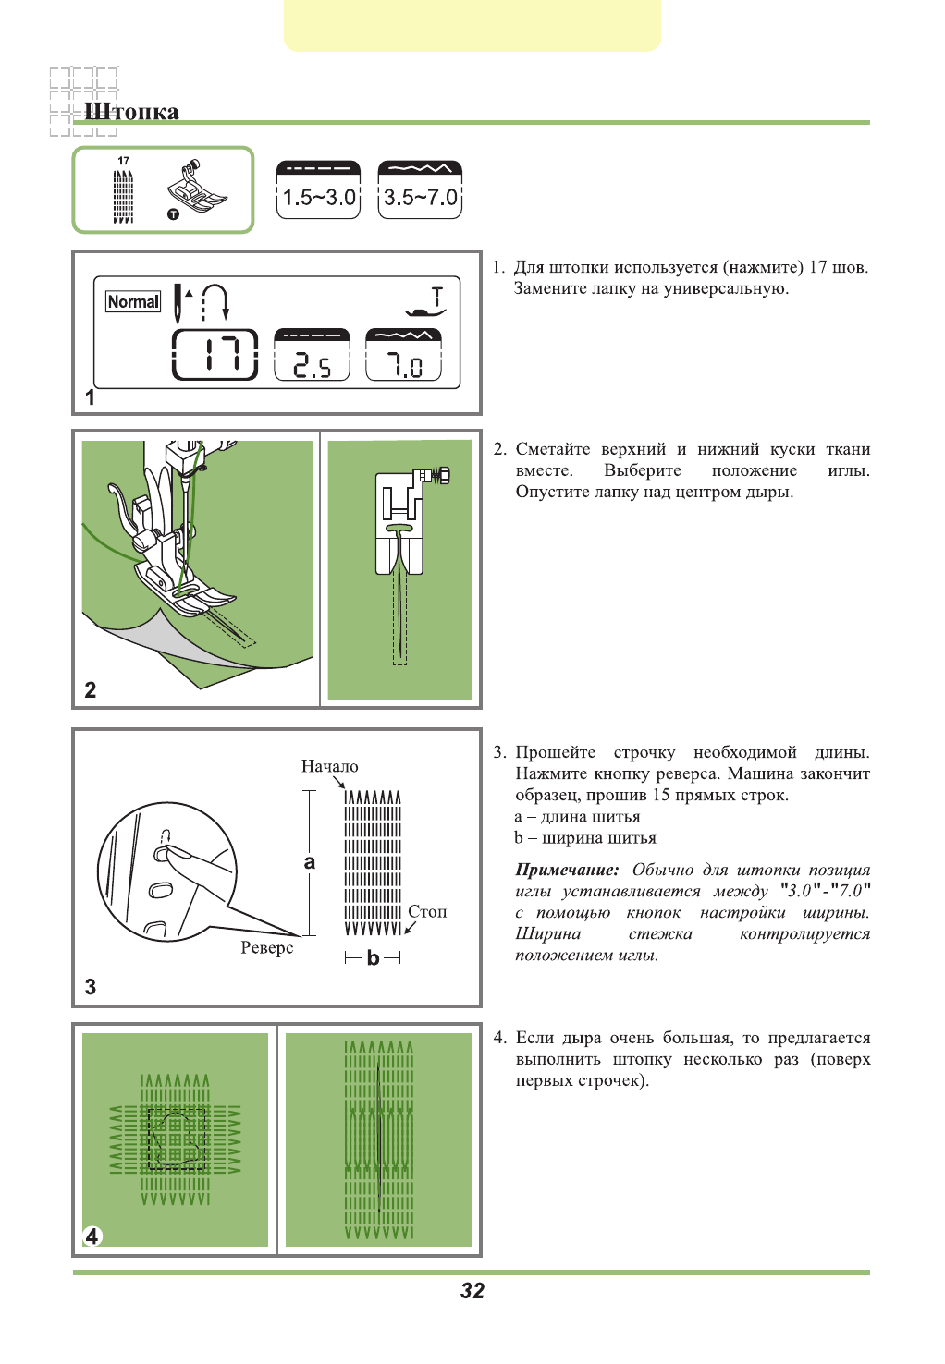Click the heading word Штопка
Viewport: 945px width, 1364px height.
click(x=131, y=112)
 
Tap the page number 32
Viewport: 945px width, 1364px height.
click(x=472, y=1291)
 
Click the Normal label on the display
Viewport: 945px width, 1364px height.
click(x=133, y=301)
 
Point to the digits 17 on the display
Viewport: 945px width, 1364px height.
click(x=215, y=355)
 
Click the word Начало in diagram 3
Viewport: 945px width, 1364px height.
click(x=329, y=766)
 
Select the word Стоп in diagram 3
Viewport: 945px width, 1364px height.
click(x=427, y=911)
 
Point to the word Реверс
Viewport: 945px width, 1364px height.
click(x=267, y=947)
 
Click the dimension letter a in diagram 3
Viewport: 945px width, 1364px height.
click(x=310, y=862)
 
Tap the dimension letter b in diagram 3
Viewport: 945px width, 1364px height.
click(x=373, y=957)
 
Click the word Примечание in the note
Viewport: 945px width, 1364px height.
click(x=567, y=870)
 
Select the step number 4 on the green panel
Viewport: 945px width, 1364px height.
click(x=92, y=1236)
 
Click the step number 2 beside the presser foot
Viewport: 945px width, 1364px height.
click(x=90, y=689)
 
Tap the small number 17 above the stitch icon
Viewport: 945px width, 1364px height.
click(x=123, y=161)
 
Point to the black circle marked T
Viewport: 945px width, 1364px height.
click(x=173, y=214)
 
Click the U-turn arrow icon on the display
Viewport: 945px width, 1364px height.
click(x=215, y=301)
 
